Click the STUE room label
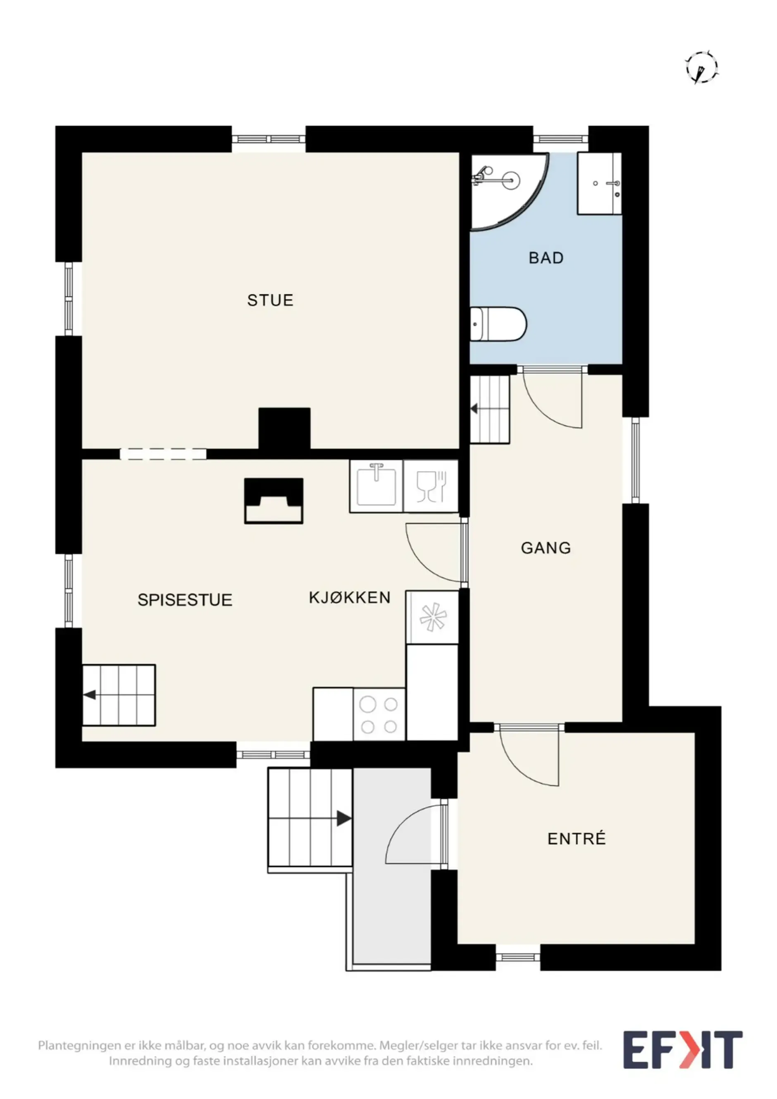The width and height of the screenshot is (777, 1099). tap(270, 300)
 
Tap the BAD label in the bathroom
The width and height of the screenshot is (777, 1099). tap(546, 258)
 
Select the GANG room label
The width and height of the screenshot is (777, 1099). tap(546, 547)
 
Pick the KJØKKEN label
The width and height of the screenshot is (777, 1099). tap(350, 597)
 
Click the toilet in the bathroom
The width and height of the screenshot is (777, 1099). tap(498, 324)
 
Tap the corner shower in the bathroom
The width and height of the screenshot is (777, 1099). tap(508, 191)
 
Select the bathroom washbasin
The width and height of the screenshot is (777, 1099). tap(599, 183)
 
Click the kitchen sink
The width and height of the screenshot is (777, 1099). tap(376, 486)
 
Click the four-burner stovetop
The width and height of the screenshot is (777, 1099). tap(379, 715)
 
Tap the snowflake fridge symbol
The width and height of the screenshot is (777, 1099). tap(433, 617)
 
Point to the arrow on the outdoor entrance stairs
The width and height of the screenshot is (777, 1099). tap(344, 818)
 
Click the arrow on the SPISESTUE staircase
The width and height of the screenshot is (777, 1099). tap(90, 695)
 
